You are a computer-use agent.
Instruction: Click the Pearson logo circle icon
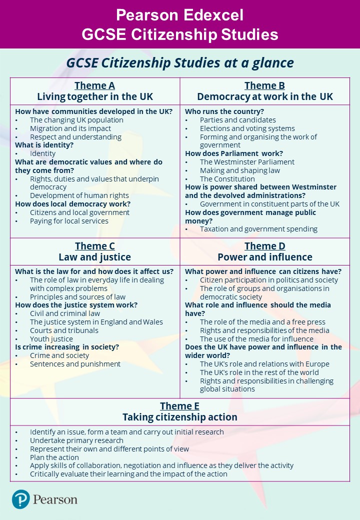point(21,499)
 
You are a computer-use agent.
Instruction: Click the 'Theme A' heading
point(95,85)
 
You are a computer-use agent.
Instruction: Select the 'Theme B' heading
point(264,85)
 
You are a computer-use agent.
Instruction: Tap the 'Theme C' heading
point(95,246)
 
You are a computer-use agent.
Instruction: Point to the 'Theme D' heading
point(264,246)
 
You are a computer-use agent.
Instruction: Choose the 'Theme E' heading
point(179,406)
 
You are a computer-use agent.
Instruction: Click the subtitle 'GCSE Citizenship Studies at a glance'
point(180,63)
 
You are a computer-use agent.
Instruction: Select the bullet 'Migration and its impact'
point(70,128)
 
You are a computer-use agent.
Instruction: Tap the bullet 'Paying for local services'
point(69,221)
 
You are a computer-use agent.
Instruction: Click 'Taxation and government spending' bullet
point(258,229)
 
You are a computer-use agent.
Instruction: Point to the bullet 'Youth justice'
point(51,338)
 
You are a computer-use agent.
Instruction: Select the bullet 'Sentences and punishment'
point(75,364)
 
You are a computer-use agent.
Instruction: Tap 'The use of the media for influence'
point(256,338)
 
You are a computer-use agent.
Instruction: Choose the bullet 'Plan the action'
point(54,457)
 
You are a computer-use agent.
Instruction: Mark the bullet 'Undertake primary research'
point(76,440)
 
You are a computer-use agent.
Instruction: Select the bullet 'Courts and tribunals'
point(64,330)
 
